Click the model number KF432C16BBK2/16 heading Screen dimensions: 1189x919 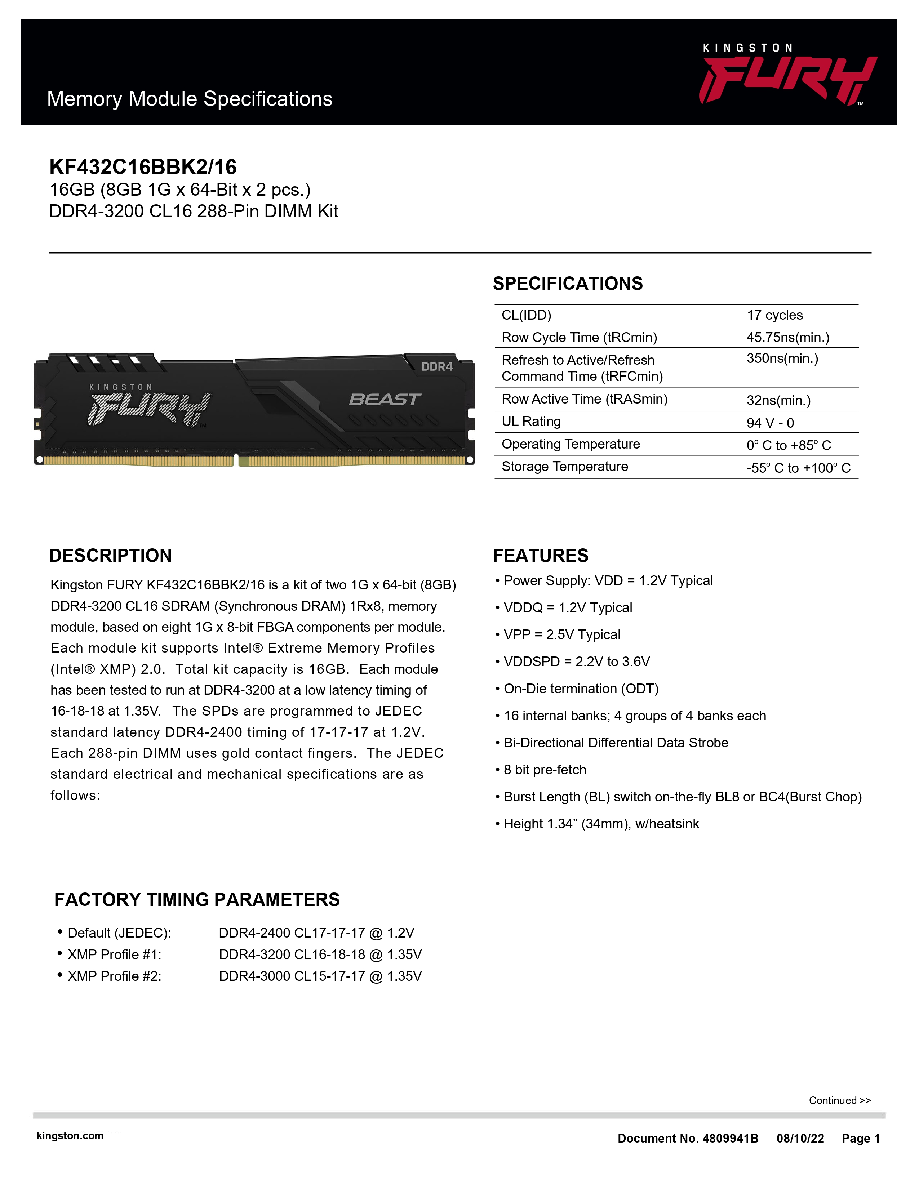click(143, 166)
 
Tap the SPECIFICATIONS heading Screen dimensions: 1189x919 click(567, 284)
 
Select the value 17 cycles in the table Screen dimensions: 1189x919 click(774, 315)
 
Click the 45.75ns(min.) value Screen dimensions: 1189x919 click(787, 338)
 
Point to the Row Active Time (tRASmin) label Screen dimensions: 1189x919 click(584, 399)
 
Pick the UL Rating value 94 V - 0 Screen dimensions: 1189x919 click(770, 423)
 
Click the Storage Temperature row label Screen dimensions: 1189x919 click(565, 467)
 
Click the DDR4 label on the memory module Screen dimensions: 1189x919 click(437, 367)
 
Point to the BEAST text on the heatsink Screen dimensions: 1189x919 click(385, 400)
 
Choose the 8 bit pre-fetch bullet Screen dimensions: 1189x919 click(545, 770)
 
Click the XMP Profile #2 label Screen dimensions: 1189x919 click(114, 976)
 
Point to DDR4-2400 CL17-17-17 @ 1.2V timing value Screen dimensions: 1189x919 click(316, 933)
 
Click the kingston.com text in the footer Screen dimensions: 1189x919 click(70, 1136)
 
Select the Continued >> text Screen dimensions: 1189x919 click(839, 1100)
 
